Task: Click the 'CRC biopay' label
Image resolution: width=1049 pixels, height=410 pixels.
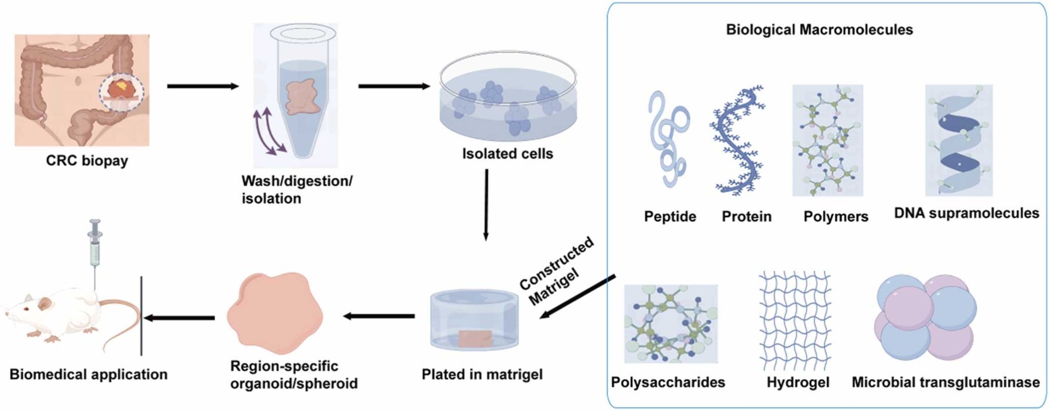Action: click(x=87, y=161)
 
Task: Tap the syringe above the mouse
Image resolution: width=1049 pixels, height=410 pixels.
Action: click(x=95, y=246)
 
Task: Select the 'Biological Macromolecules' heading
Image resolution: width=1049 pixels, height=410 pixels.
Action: click(x=819, y=30)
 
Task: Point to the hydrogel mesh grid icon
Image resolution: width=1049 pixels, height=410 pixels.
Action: click(x=795, y=320)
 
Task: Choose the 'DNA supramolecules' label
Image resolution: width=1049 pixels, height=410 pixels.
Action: click(x=967, y=213)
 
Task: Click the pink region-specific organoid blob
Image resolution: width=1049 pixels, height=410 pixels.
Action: click(x=275, y=313)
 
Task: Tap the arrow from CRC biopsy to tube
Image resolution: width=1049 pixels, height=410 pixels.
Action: click(x=202, y=86)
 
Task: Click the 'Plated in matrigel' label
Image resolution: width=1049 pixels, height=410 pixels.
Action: click(x=482, y=374)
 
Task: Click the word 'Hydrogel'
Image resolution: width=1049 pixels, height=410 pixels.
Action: click(x=798, y=383)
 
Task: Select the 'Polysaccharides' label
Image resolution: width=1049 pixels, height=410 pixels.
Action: click(x=668, y=383)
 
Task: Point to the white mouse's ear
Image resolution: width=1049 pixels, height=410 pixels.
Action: click(x=45, y=303)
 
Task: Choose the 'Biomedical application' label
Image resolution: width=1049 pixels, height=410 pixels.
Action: click(x=89, y=374)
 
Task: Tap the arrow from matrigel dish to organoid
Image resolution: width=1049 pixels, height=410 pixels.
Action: click(x=379, y=316)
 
